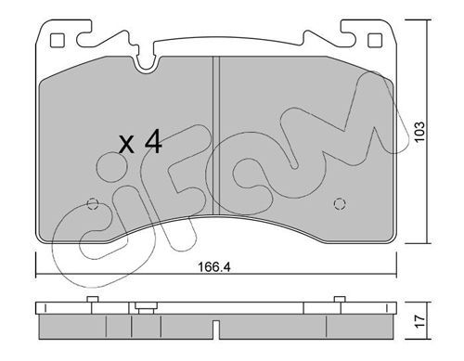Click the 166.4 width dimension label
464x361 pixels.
click(213, 267)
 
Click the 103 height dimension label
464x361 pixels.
click(419, 132)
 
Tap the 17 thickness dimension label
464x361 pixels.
click(420, 321)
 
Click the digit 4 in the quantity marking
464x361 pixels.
click(153, 141)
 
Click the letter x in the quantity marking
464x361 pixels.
click(127, 145)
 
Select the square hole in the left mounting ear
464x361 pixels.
click(58, 41)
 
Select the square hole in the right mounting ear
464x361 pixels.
click(375, 41)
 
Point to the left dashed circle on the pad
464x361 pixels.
click(92, 204)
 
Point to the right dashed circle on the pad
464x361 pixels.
click(340, 203)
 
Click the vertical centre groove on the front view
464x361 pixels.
click(216, 135)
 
